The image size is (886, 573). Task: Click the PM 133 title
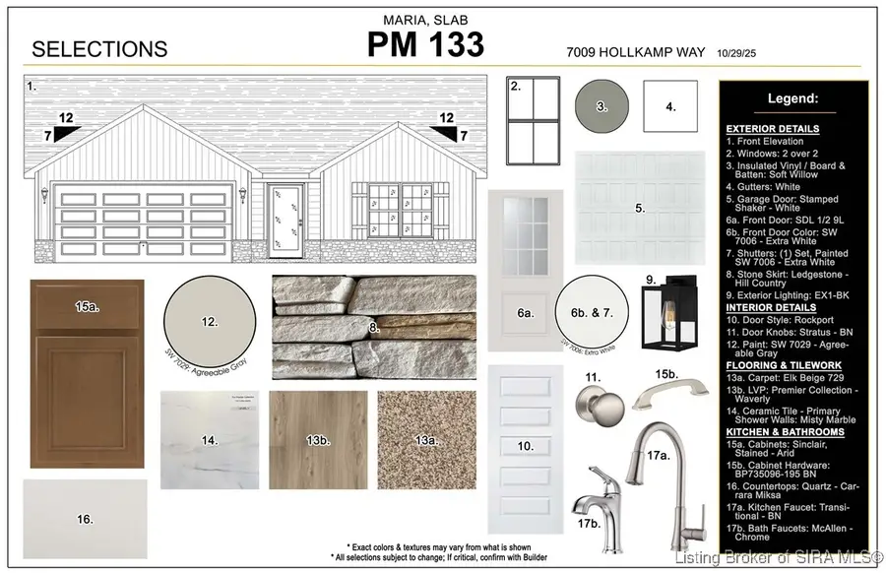pos(425,45)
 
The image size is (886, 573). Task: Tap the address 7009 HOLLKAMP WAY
pos(637,51)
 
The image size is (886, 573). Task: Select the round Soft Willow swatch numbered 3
pos(602,105)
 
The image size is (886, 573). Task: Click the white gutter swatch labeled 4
pos(670,105)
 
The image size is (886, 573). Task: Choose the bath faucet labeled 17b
pos(598,496)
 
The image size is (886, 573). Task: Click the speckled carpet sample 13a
pos(427,439)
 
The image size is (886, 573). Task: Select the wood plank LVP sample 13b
pos(318,439)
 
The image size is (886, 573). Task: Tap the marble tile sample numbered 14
pos(210,439)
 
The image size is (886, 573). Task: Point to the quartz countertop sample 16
pos(85,518)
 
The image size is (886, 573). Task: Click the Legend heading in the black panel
pos(792,98)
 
